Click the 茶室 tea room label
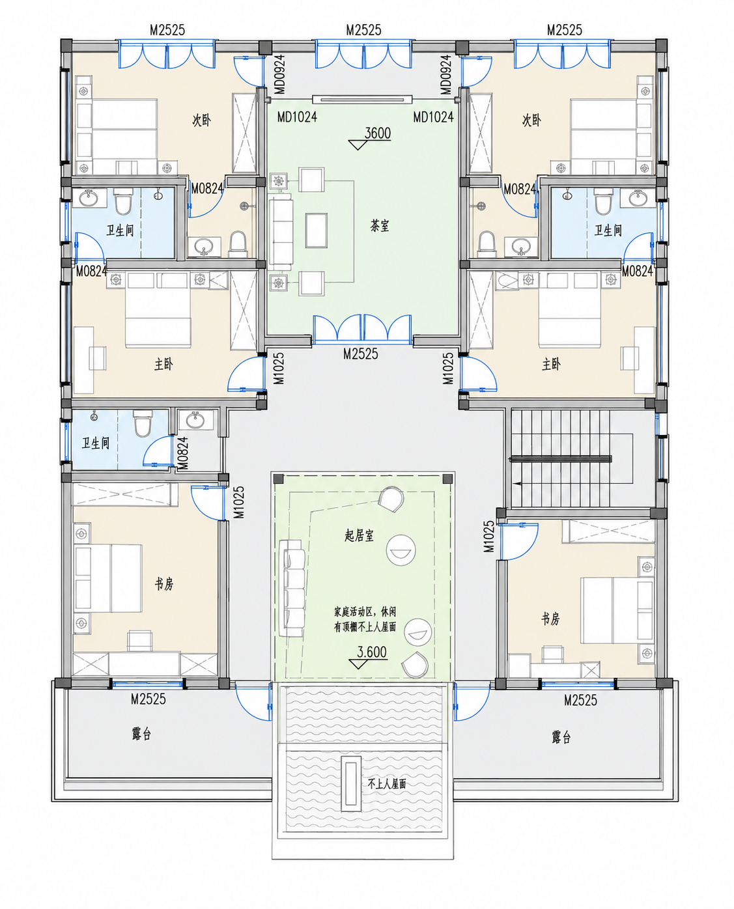(x=380, y=225)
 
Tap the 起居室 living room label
(x=359, y=535)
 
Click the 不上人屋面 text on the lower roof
(x=387, y=783)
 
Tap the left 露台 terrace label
(x=141, y=734)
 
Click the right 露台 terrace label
(x=561, y=737)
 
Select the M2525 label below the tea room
(x=361, y=354)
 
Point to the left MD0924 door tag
(x=279, y=74)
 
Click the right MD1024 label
(x=433, y=117)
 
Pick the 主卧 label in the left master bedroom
(x=163, y=364)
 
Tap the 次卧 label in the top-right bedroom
(x=531, y=120)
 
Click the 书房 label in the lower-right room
(x=550, y=619)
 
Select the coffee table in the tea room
(x=317, y=231)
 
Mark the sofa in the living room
(x=292, y=588)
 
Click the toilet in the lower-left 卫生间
(x=142, y=423)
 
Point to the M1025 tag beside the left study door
(x=239, y=502)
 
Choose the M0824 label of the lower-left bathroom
(x=182, y=453)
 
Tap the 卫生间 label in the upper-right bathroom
(x=608, y=231)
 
